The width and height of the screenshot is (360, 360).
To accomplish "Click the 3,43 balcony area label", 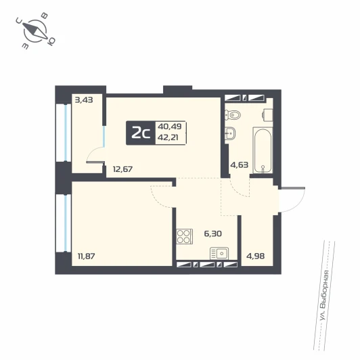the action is pos(84,100).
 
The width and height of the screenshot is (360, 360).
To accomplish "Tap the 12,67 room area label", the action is pos(123,169).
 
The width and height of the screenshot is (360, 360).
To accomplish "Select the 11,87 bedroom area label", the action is pos(87,256).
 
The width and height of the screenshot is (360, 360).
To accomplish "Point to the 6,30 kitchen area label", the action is pos(213,233).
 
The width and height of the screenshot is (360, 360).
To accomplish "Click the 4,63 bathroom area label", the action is pos(240,164).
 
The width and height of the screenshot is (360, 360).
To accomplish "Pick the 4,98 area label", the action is pos(255,256).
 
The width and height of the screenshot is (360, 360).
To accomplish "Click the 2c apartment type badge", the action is pos(141,133).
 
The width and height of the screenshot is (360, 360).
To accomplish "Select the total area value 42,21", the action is pos(168,137).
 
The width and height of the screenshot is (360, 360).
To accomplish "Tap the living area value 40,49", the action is pos(170,127).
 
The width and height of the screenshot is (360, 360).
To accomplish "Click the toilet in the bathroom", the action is pos(232,114).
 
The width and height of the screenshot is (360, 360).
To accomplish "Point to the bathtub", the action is pos(263,150).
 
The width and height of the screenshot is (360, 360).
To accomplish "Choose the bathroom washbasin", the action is pos(230,133).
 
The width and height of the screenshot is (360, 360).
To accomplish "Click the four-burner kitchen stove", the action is pos(184,236).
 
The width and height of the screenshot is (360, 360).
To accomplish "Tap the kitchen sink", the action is pos(219,254).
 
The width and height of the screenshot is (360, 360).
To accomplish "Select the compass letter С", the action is pos(19,21).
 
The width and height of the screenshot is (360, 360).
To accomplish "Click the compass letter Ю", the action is pos(51,41).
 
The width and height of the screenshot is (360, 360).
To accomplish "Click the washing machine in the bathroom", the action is pos(268,114).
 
